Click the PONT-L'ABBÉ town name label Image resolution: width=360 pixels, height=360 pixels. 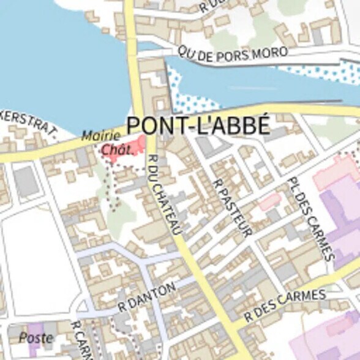[198, 125]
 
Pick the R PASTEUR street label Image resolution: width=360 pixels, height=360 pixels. [232, 208]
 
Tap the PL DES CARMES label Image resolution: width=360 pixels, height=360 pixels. [311, 220]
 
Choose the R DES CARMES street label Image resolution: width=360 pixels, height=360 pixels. [285, 306]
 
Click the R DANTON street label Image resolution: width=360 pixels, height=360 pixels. [147, 296]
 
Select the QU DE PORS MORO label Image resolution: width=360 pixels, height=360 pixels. [233, 54]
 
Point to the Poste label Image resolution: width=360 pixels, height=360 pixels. [36, 337]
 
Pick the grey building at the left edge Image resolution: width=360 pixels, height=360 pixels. [25, 182]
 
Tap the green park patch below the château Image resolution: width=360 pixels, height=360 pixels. [122, 214]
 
